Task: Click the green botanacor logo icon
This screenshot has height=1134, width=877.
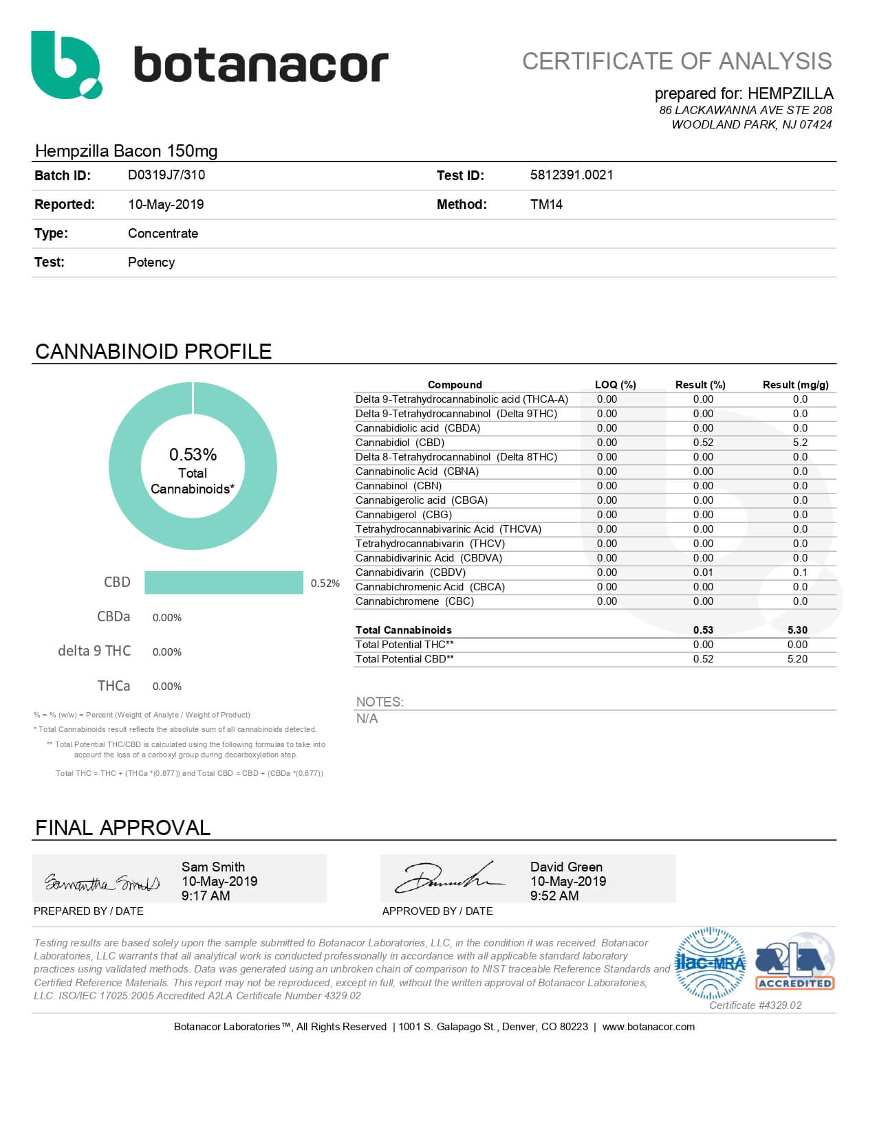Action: click(65, 65)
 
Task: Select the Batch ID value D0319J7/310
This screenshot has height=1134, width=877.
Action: click(166, 175)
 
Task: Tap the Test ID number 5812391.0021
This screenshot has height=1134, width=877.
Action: click(571, 175)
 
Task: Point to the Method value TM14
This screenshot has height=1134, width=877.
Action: click(546, 204)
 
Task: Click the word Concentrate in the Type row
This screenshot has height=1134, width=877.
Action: click(163, 233)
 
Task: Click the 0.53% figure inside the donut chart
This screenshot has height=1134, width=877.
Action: click(193, 454)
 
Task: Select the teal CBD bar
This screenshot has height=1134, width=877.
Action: click(224, 582)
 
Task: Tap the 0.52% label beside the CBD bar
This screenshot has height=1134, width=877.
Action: click(325, 583)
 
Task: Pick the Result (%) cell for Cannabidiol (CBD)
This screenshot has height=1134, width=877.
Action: click(703, 443)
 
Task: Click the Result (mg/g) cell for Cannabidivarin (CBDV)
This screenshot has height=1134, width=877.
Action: click(799, 572)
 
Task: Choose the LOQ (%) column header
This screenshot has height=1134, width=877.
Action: click(615, 385)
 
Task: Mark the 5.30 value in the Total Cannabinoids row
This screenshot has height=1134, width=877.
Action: click(797, 630)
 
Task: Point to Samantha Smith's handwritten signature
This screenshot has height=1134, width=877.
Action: click(102, 882)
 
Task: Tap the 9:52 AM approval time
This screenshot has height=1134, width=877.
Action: click(554, 896)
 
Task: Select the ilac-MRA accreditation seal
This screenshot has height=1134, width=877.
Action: click(710, 963)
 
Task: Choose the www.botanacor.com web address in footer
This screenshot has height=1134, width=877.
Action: click(648, 1027)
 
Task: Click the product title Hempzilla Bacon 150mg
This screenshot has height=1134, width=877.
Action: click(126, 151)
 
